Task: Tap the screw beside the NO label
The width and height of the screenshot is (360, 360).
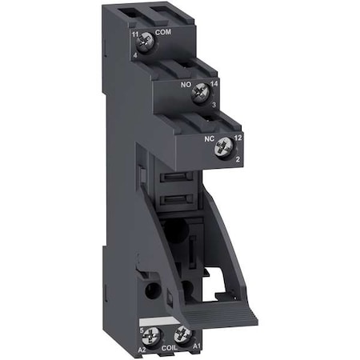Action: pos(201,94)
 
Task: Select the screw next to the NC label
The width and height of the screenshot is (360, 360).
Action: pos(225,146)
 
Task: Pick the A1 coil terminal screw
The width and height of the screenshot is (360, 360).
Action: pos(183,335)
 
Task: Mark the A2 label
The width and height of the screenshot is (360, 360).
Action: pos(142,350)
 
